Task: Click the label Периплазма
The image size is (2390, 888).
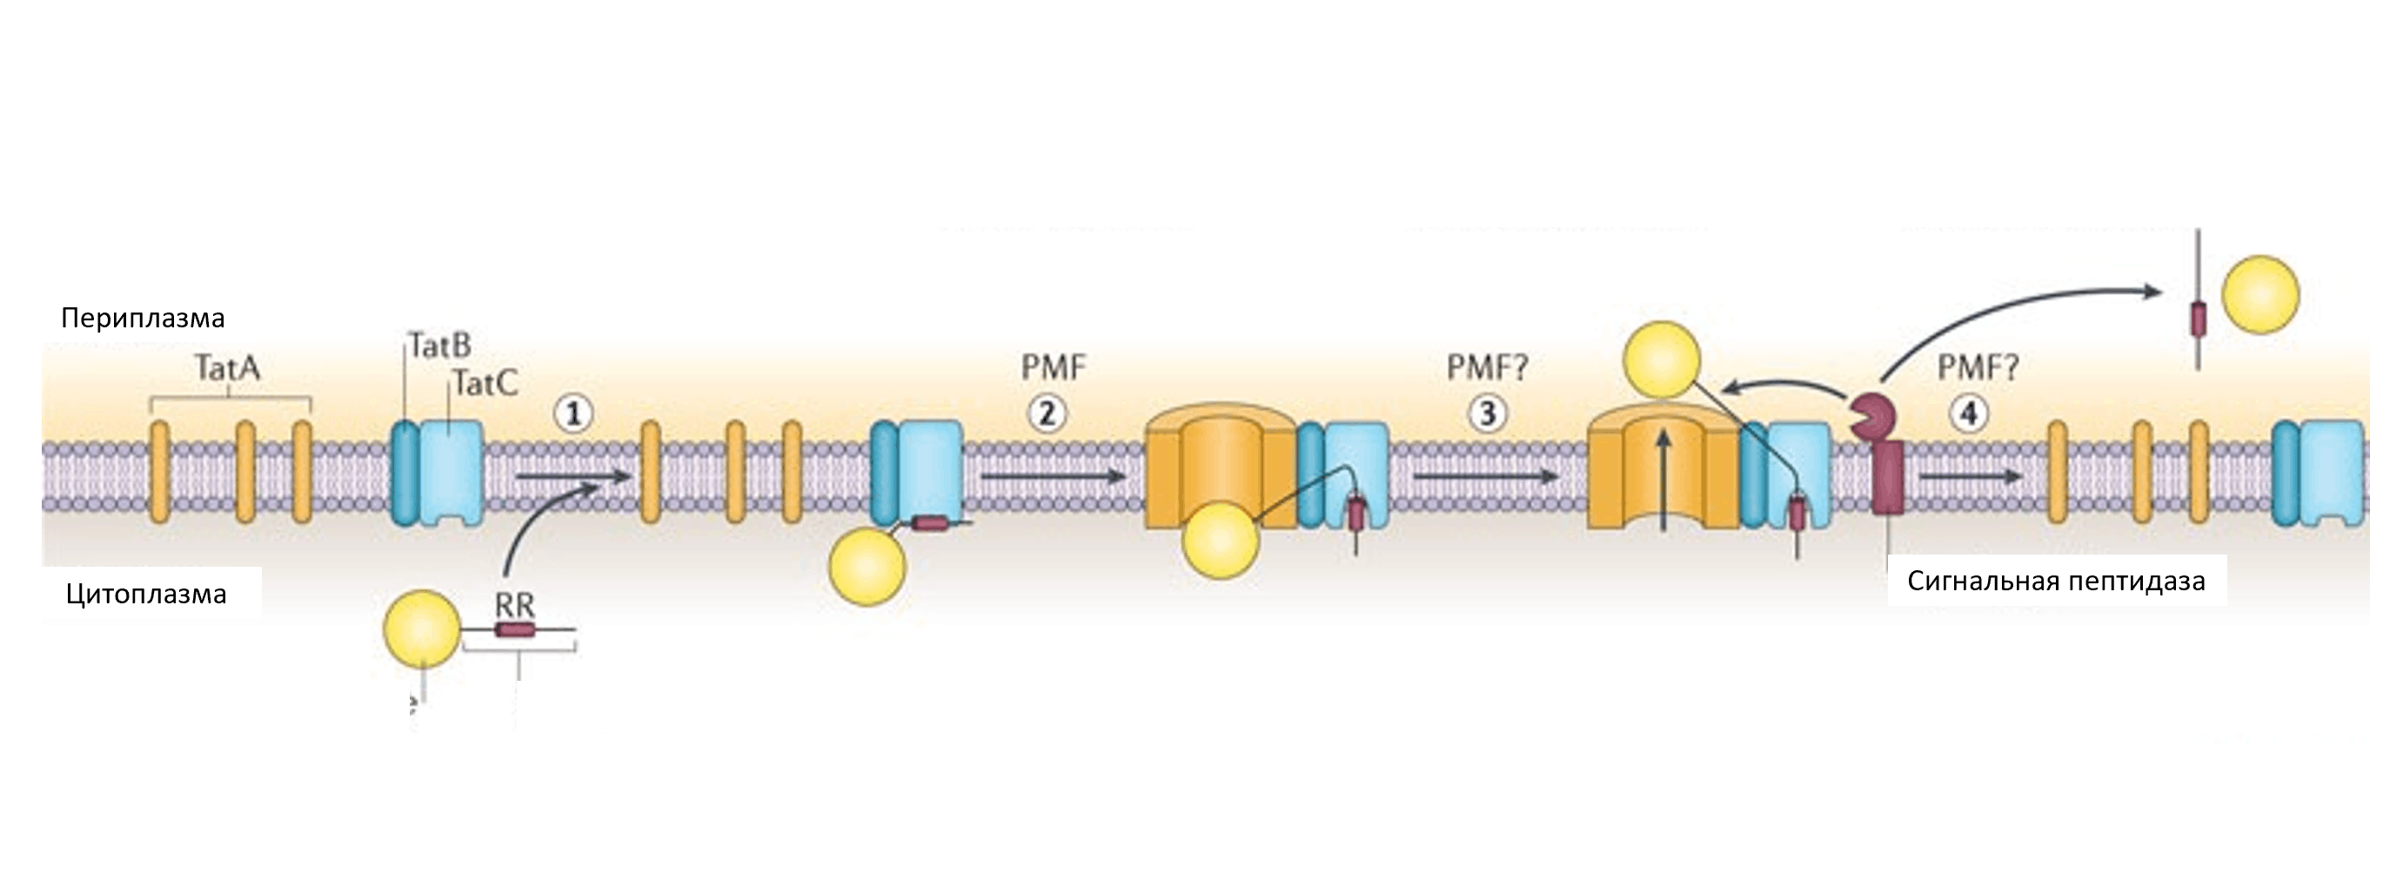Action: coord(143,319)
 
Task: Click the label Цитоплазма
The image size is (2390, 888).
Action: coord(145,594)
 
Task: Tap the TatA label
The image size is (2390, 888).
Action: coord(227,368)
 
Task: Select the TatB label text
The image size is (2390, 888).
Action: coord(439,346)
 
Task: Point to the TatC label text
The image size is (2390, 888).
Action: coord(485,382)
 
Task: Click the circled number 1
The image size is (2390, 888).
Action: coord(573,414)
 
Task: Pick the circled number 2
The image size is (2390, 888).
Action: coord(1048,414)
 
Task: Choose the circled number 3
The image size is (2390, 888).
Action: coord(1487,414)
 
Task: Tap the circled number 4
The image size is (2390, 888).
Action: coord(1969,414)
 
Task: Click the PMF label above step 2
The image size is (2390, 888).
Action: coord(1053,368)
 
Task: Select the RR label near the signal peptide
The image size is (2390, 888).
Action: coord(514,606)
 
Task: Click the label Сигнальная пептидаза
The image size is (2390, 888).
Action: coord(2056,581)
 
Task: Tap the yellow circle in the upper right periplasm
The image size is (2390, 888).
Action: coord(2261,295)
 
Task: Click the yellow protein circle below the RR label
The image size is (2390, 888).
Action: coord(422,629)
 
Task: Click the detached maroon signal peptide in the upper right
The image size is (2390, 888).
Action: coord(2197,319)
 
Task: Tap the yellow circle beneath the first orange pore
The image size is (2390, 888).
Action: coord(1220,541)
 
